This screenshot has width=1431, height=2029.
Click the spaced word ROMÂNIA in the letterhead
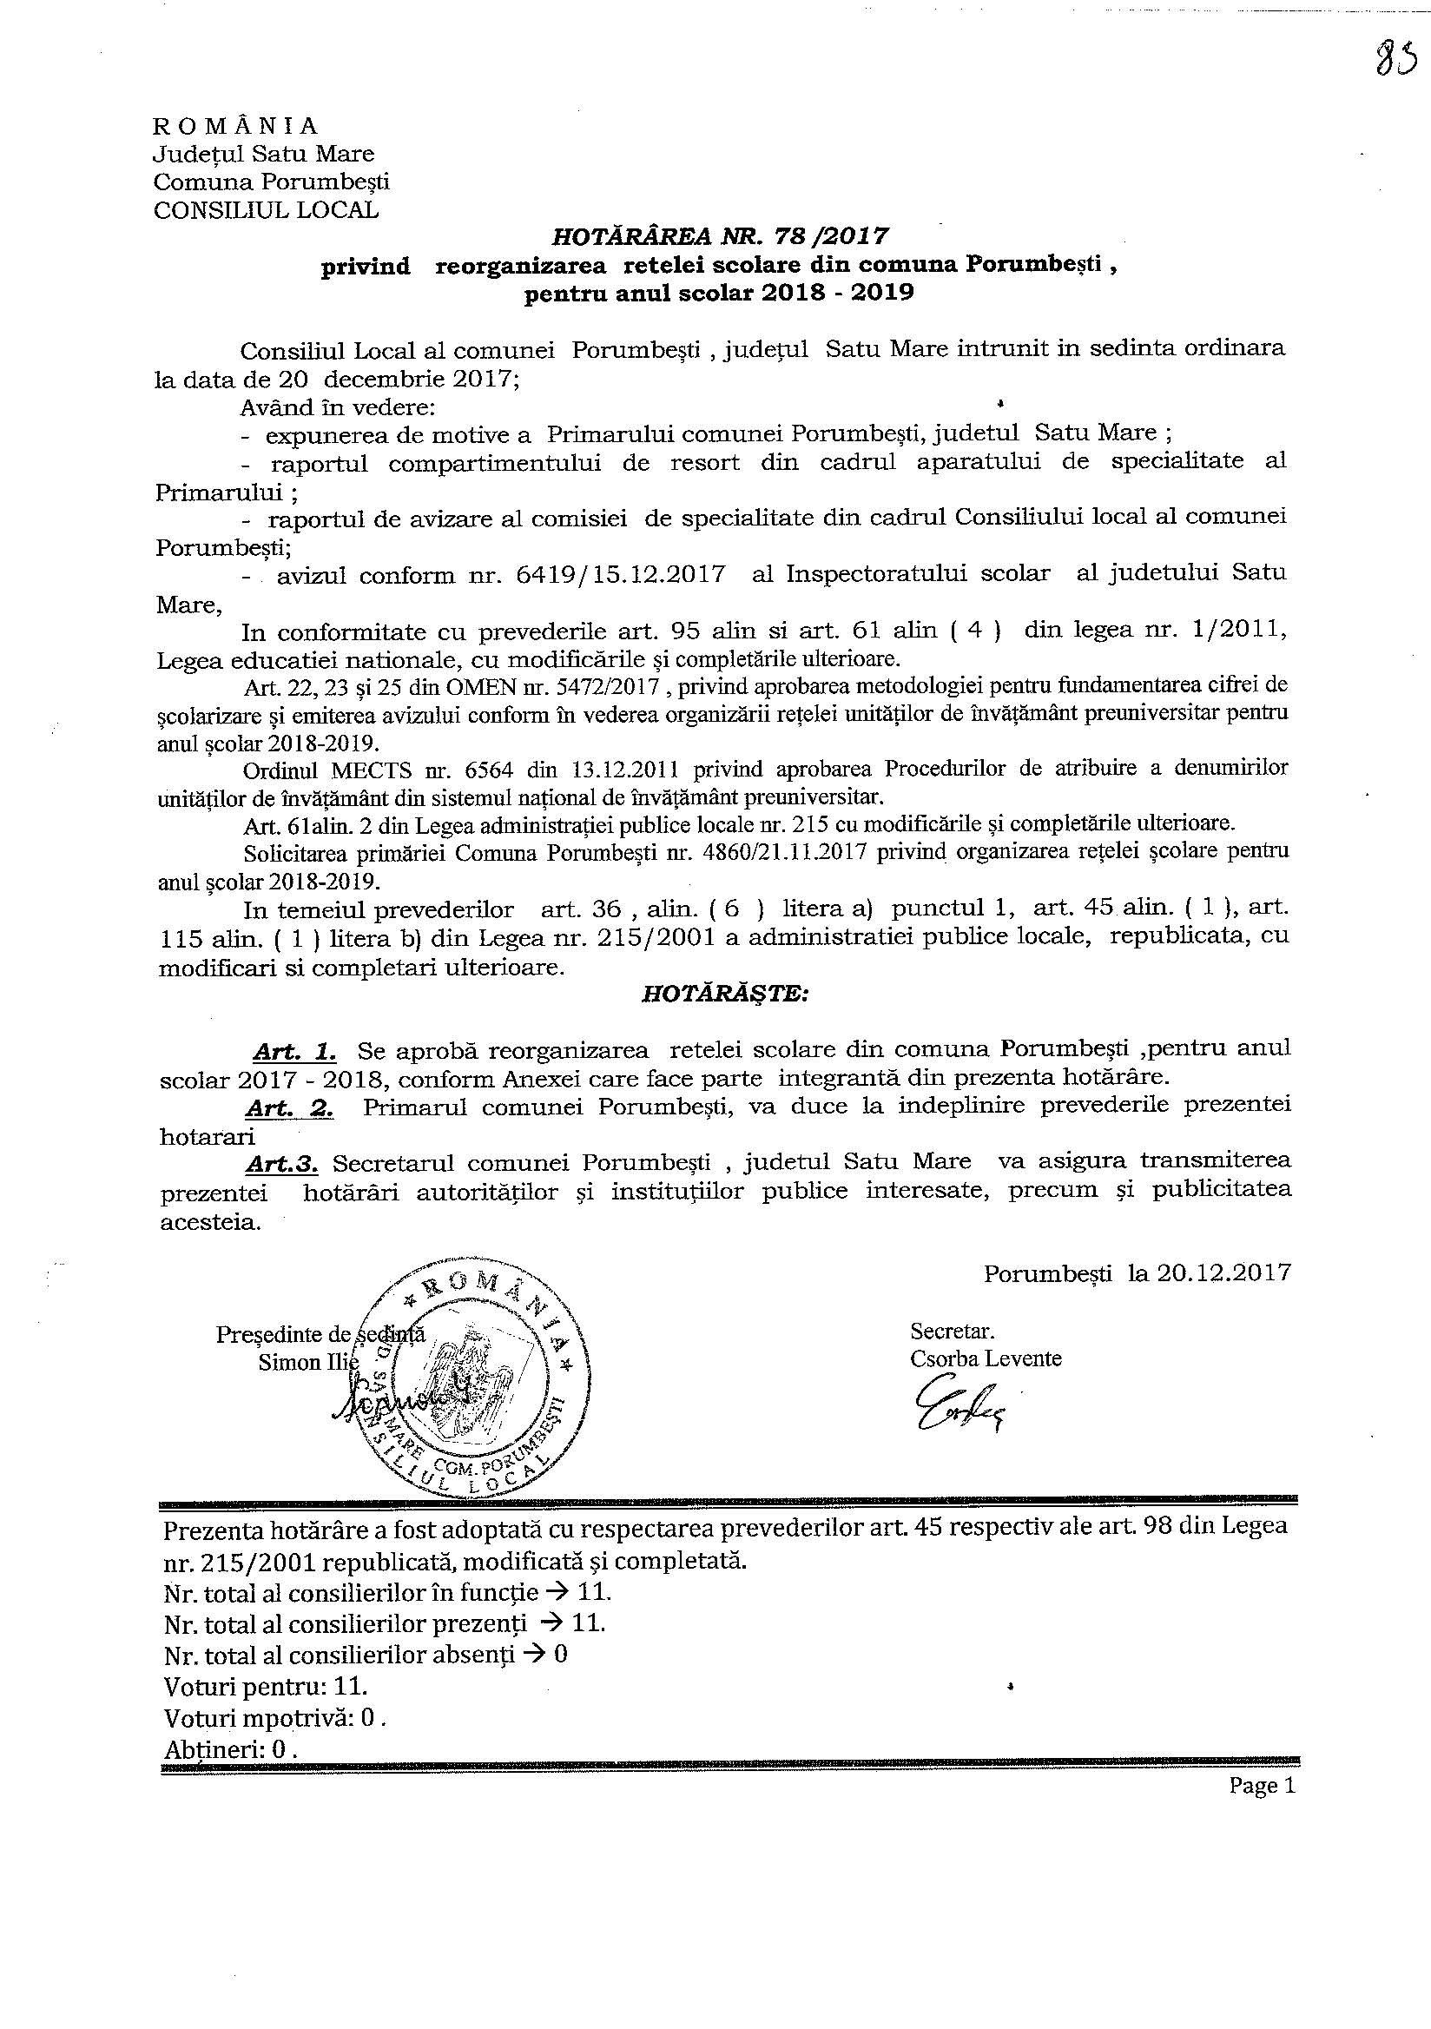[236, 125]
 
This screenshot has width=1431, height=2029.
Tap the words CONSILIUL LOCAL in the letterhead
[266, 210]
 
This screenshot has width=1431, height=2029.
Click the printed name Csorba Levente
[986, 1358]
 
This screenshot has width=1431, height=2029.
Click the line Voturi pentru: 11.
[266, 1685]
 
